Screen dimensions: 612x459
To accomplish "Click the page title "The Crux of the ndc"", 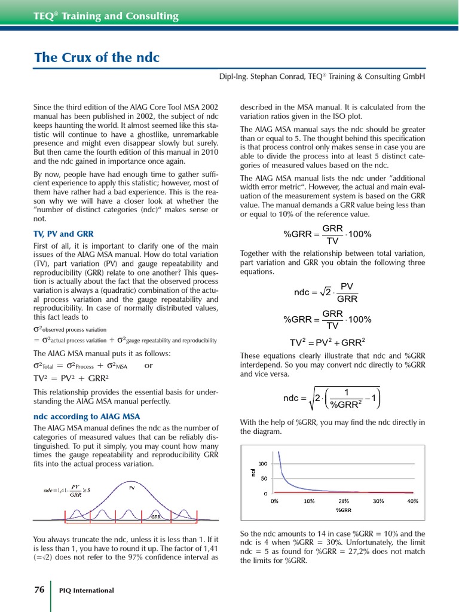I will [97, 58].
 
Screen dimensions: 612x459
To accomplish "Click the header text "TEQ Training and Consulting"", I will [106, 16].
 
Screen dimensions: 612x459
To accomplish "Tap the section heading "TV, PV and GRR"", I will [63, 234].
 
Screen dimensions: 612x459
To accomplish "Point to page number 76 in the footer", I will [39, 589].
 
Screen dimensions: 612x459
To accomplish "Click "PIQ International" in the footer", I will [87, 590].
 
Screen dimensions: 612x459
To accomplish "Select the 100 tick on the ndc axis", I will [262, 463].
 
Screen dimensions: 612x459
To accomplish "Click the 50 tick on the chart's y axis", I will [264, 478].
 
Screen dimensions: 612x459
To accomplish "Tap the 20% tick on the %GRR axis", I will [344, 501].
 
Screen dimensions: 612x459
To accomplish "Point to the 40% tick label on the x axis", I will [412, 501].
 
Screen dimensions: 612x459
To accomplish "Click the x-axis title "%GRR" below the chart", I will [344, 510].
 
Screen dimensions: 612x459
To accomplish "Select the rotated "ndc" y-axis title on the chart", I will [253, 472].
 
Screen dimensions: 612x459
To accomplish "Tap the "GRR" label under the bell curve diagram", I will [155, 516].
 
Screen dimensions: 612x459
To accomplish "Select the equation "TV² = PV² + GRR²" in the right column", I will [328, 342].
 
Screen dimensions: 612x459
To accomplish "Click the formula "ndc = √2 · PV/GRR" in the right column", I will [326, 292].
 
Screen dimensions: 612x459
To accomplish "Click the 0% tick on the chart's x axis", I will [274, 501].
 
